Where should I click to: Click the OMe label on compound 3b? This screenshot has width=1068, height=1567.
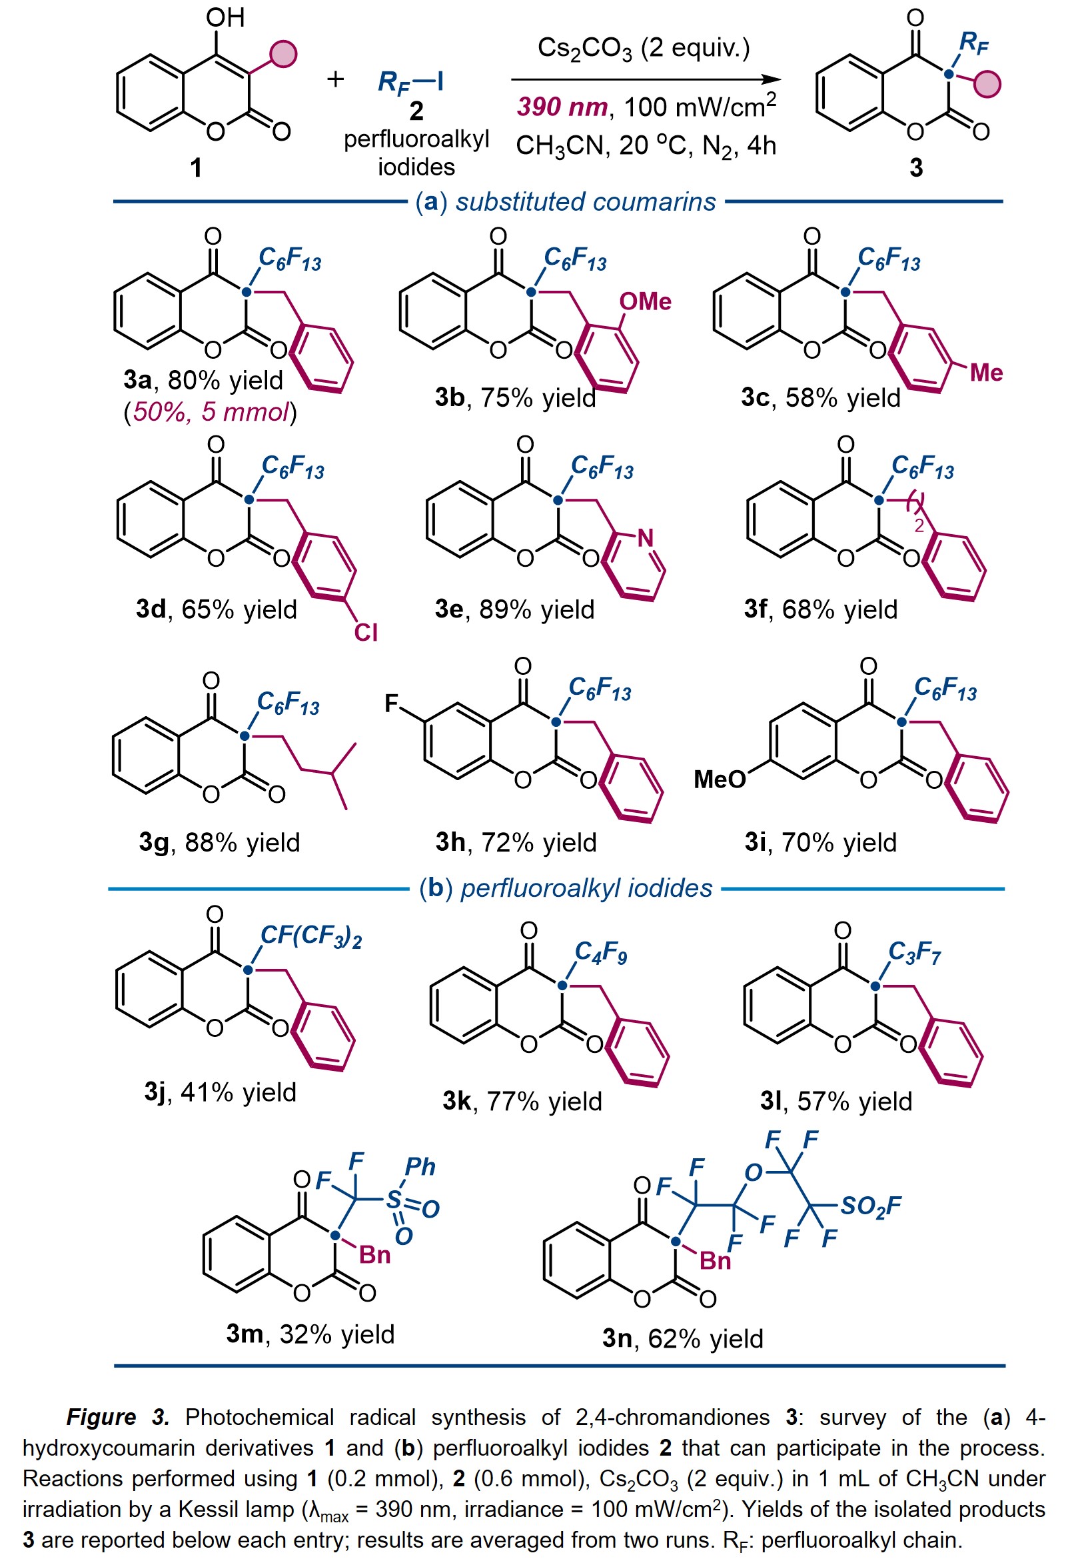645,301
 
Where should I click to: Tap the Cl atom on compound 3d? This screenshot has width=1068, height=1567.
366,632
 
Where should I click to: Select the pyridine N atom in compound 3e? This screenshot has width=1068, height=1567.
646,537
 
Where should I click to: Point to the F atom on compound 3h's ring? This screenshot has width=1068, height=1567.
392,704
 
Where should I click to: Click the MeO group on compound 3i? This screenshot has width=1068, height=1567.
720,779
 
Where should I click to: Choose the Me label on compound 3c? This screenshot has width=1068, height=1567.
986,372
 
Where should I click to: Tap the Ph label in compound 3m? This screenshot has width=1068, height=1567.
420,1166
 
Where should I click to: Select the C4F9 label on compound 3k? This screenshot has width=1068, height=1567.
600,952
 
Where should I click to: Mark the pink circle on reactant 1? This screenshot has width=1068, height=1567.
283,54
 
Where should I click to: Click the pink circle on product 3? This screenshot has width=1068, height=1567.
987,85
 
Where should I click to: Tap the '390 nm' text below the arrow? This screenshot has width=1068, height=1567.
562,107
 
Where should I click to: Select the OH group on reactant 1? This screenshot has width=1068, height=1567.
225,17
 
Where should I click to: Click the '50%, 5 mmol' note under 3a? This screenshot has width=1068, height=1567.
211,411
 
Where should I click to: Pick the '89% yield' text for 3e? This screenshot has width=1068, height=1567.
536,609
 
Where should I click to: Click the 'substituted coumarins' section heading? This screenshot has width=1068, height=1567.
586,201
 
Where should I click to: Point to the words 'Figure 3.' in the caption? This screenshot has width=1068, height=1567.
118,1418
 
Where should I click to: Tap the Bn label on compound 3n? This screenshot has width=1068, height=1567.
715,1260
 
